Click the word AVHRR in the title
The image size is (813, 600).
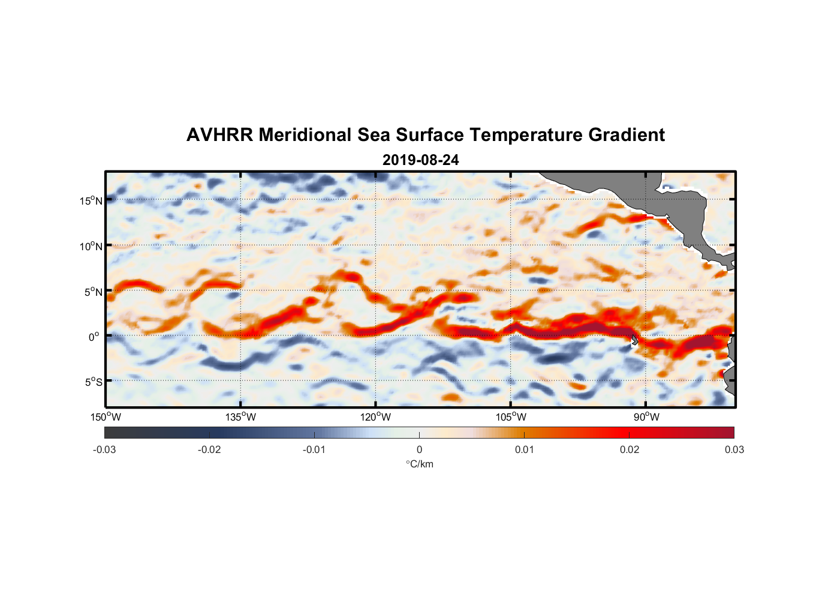tap(219, 135)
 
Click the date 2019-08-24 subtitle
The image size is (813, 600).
tap(420, 160)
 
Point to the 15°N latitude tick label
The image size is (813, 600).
tap(91, 200)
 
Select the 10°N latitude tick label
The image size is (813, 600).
tap(91, 246)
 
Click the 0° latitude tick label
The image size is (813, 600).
tap(94, 337)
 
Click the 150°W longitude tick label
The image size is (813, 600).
tap(106, 417)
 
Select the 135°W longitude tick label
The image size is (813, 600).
tap(241, 417)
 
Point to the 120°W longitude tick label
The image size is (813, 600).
tap(376, 417)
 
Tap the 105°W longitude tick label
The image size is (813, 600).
tap(511, 417)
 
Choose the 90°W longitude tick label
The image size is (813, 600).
tap(646, 417)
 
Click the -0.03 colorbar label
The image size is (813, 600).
tap(104, 450)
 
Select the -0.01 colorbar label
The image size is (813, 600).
tap(314, 450)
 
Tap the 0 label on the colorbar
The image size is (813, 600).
tap(419, 450)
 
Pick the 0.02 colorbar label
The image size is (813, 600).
tap(630, 450)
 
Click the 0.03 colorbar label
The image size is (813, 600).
tap(734, 450)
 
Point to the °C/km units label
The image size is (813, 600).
tap(419, 464)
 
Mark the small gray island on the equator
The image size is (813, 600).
tap(634, 340)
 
